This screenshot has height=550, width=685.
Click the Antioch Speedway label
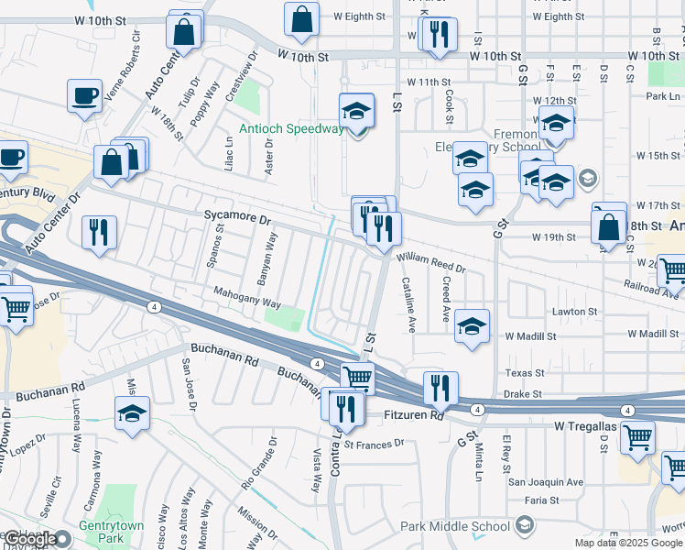click(x=290, y=128)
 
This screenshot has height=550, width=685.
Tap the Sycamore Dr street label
click(x=238, y=220)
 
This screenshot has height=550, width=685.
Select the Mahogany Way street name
click(x=247, y=302)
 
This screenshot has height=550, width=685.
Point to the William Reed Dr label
click(x=431, y=263)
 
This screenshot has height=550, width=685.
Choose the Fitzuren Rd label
click(x=412, y=415)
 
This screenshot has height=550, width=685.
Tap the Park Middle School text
click(x=455, y=526)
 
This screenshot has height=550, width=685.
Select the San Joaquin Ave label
click(x=547, y=481)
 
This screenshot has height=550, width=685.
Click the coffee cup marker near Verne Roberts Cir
click(x=84, y=96)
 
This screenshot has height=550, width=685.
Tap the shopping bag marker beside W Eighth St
click(x=301, y=18)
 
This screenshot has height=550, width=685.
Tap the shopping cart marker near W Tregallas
click(x=637, y=436)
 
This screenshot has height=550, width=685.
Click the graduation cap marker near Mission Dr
click(x=133, y=413)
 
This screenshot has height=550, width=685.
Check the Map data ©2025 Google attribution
click(x=629, y=543)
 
